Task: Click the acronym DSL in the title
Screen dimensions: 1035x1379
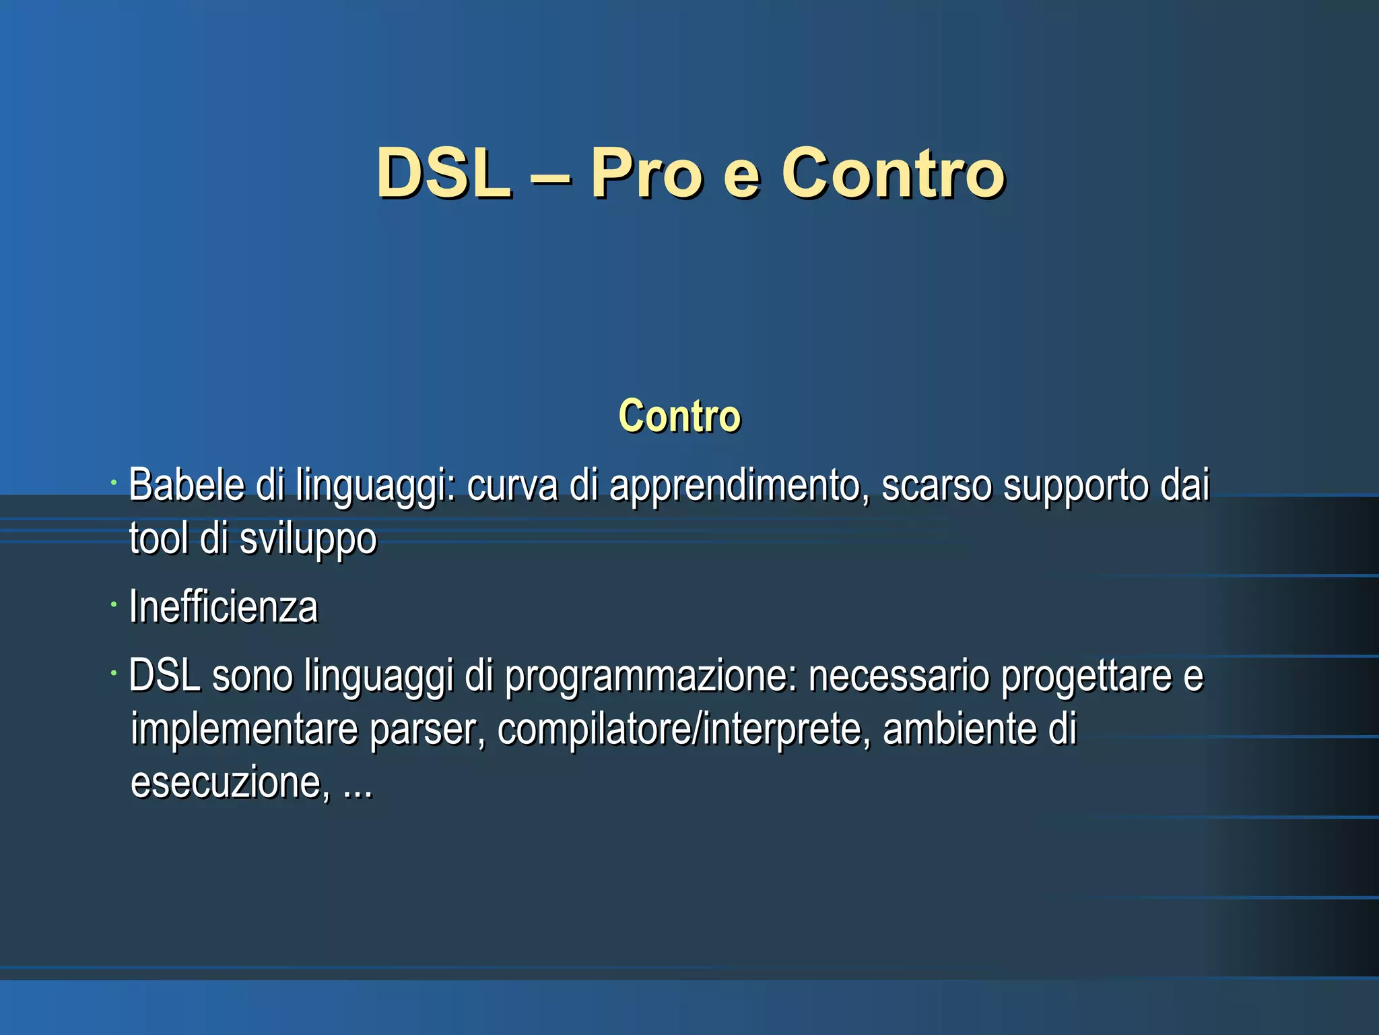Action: (442, 174)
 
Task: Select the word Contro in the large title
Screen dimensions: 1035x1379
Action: (893, 174)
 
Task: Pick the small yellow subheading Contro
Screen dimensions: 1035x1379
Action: (679, 416)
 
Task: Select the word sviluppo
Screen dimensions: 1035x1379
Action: (308, 540)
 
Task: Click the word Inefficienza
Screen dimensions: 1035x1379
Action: (223, 606)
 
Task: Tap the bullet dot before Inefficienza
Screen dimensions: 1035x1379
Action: (114, 604)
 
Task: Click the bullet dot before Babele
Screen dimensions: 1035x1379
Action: (114, 482)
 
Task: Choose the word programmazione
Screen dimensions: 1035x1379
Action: (650, 677)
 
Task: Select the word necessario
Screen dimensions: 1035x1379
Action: (898, 675)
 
